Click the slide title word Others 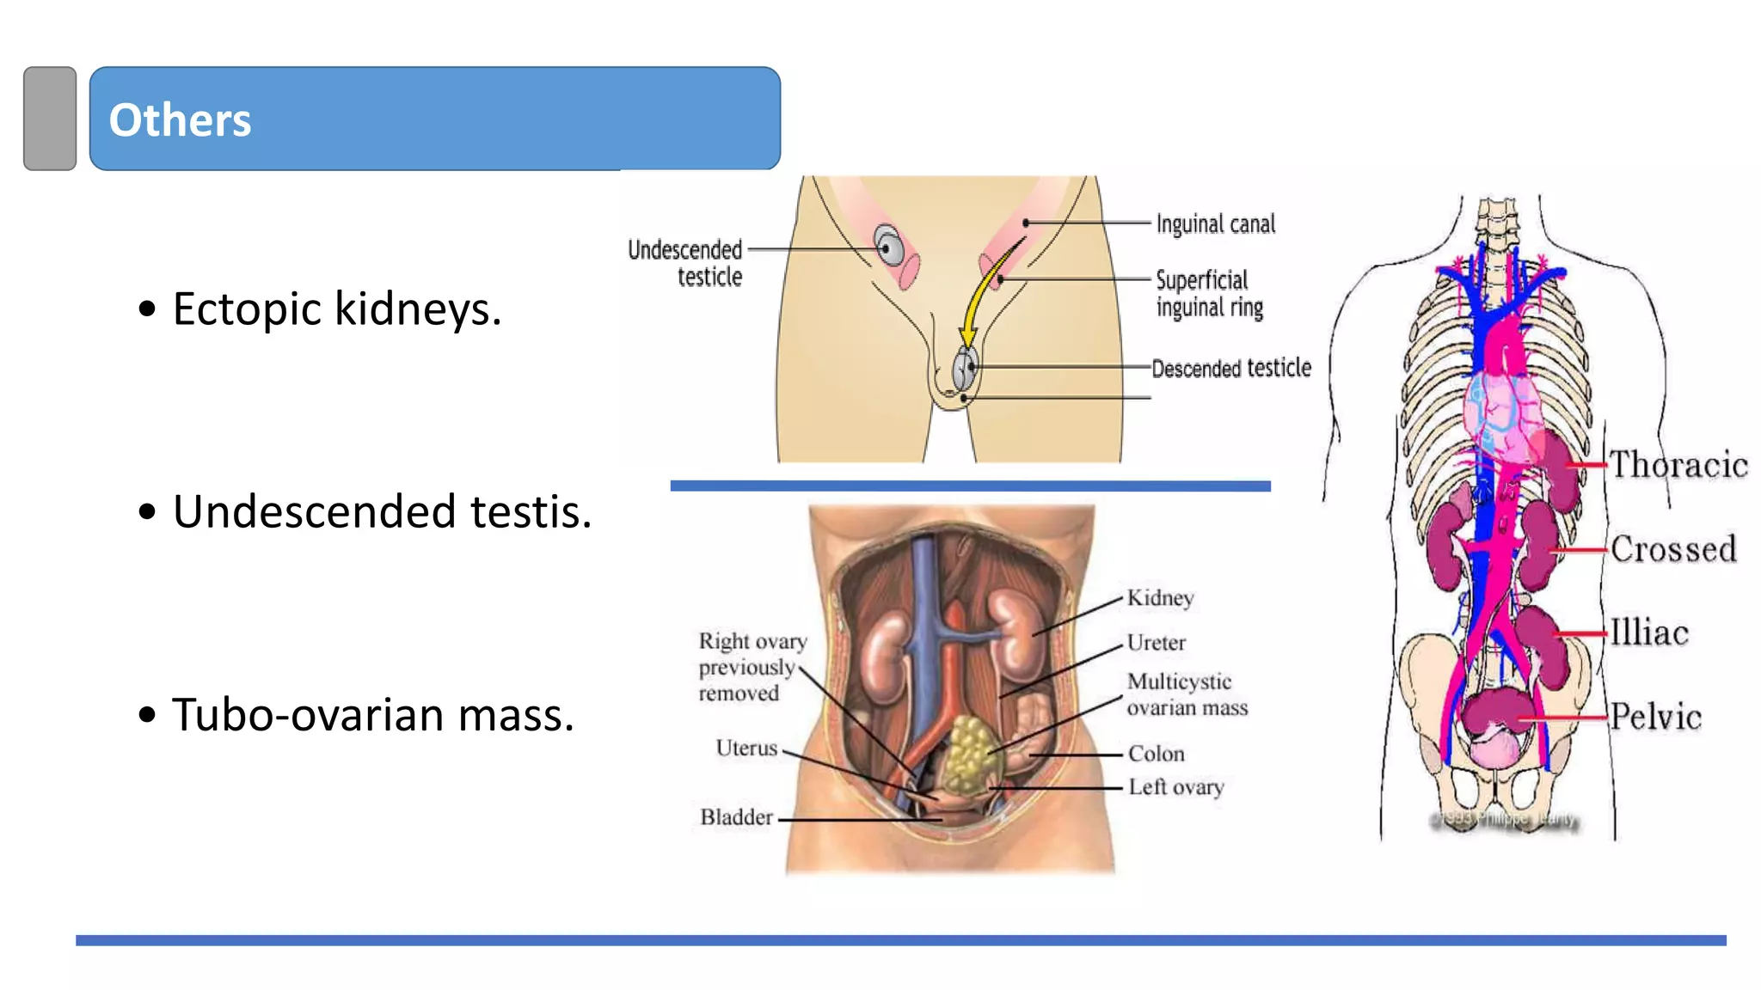[x=180, y=119]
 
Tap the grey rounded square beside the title [x=50, y=119]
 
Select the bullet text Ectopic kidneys [x=336, y=309]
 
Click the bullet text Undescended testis [x=382, y=511]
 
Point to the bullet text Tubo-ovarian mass [x=372, y=714]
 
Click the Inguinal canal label [x=1215, y=224]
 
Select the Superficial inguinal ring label [x=1208, y=294]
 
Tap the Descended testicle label [x=1230, y=369]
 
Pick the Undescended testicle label [x=686, y=263]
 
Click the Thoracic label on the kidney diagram [x=1678, y=465]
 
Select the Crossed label [x=1672, y=549]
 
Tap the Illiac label [x=1648, y=633]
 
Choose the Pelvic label [x=1655, y=717]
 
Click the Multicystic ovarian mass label [x=1187, y=694]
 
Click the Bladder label [x=736, y=817]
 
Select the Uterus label [x=746, y=749]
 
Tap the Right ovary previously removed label [x=752, y=667]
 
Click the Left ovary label [x=1175, y=787]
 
